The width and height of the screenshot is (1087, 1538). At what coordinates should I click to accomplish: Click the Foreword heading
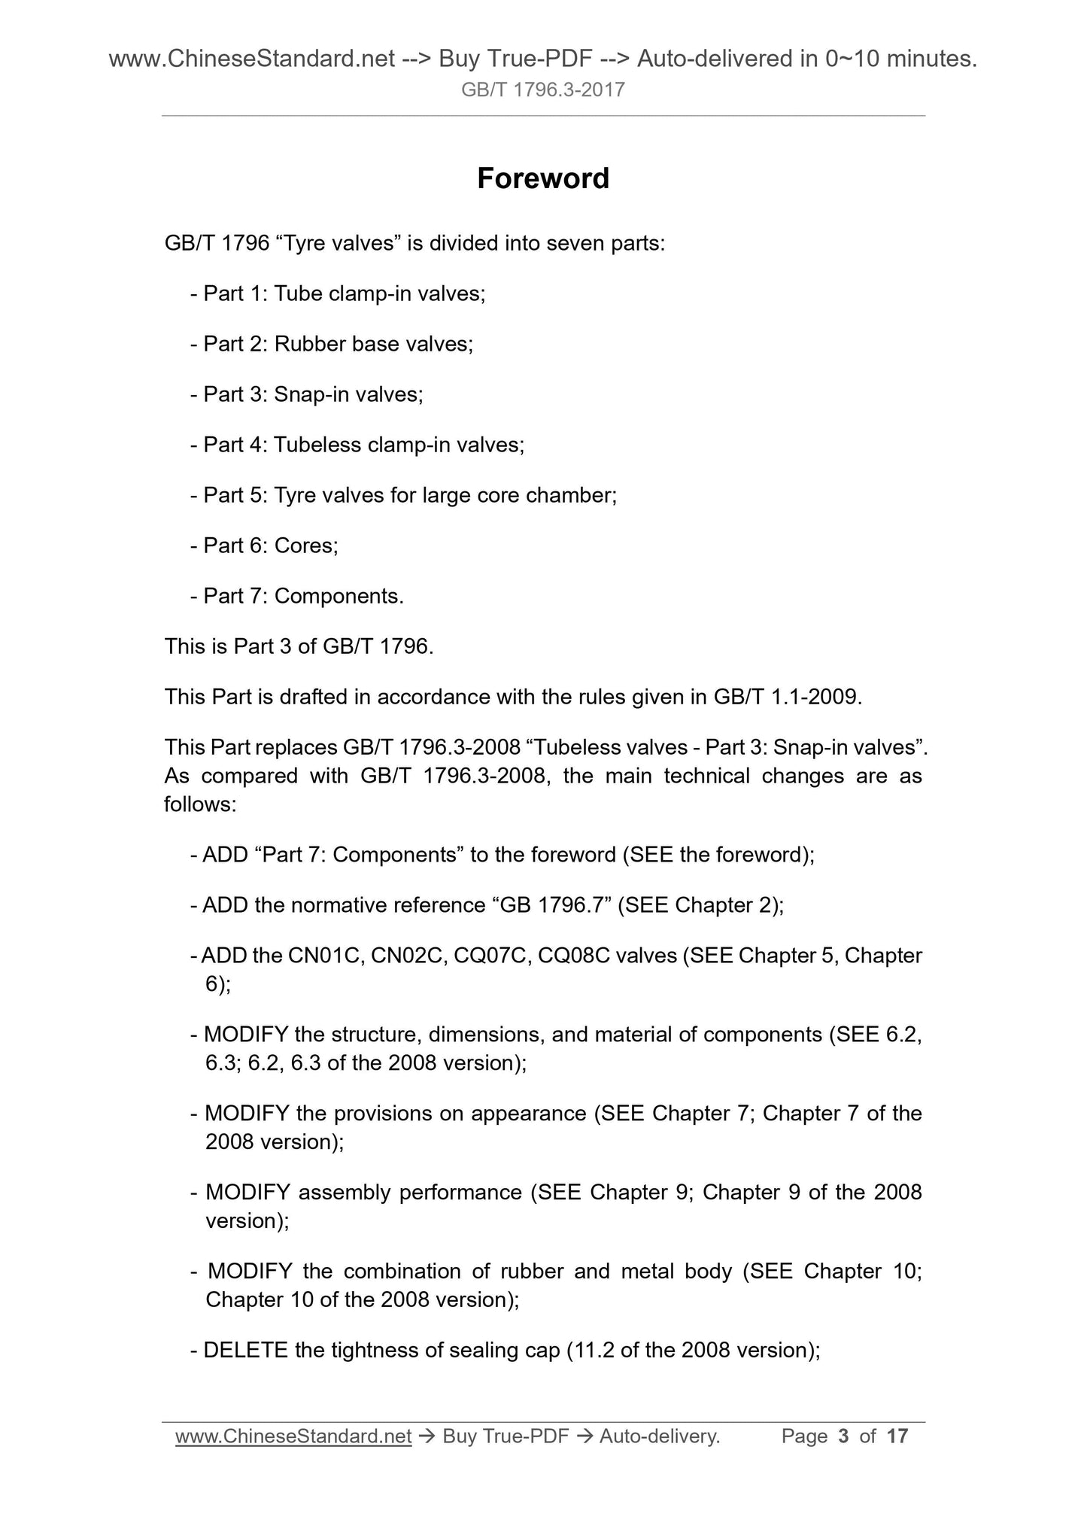tap(542, 178)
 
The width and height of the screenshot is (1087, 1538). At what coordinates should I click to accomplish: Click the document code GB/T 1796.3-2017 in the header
tap(542, 91)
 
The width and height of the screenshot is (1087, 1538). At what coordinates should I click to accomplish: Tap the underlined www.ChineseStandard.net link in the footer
tap(293, 1436)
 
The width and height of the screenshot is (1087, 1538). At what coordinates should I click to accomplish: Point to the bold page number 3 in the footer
tap(843, 1436)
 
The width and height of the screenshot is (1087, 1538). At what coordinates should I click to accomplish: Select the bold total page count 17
tap(897, 1436)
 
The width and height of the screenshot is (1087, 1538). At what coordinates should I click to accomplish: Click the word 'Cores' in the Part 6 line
tap(304, 546)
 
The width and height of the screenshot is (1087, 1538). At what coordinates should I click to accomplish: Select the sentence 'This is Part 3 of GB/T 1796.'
tap(299, 646)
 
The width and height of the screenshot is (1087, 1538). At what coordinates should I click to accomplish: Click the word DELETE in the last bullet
tap(245, 1350)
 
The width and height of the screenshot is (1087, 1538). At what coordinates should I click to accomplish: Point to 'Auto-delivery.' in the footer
tap(660, 1436)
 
